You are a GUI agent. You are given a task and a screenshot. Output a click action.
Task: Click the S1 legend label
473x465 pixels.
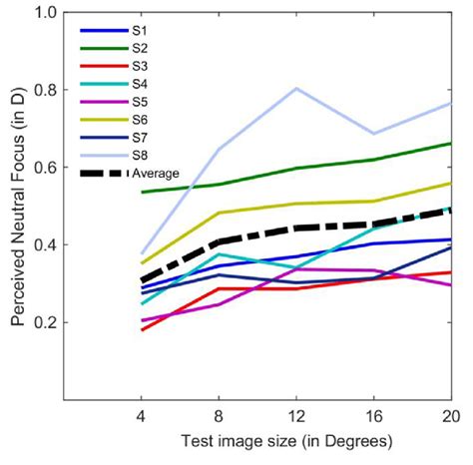point(141,30)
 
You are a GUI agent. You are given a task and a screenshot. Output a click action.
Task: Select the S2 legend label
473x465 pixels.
point(141,48)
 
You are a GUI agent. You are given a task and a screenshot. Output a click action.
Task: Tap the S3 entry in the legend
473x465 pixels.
point(141,66)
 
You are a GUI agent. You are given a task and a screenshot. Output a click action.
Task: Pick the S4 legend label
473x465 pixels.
point(141,84)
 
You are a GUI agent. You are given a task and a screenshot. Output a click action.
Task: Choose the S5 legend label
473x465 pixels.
point(141,102)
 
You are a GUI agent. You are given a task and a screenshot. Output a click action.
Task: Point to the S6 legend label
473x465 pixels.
point(141,120)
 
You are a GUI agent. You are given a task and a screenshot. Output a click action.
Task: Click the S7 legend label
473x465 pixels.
point(141,138)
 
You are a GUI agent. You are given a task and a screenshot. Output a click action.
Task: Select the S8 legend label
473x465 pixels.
point(141,156)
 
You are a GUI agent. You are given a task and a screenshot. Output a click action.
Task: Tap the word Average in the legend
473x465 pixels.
point(157,174)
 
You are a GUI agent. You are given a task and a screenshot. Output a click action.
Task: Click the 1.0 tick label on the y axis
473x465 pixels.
point(43,13)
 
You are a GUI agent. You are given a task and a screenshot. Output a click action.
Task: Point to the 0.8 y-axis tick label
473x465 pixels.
point(43,91)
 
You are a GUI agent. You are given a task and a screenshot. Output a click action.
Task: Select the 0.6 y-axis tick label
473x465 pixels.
point(43,168)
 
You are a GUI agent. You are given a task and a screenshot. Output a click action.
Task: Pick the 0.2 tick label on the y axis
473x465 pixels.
point(43,323)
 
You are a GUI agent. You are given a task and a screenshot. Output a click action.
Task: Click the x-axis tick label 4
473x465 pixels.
point(141,415)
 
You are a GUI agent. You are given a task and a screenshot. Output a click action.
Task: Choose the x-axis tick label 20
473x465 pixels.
point(451,415)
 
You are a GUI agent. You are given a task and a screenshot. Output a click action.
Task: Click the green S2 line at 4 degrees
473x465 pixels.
point(141,192)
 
